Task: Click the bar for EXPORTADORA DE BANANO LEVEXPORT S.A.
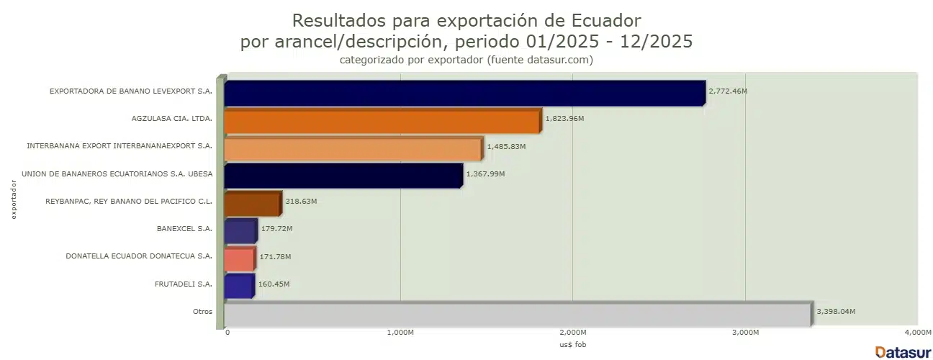pyautogui.click(x=464, y=93)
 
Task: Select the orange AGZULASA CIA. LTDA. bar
pyautogui.click(x=382, y=120)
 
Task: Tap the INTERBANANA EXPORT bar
pyautogui.click(x=353, y=148)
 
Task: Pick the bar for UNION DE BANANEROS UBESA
pyautogui.click(x=343, y=176)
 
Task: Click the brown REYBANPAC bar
pyautogui.click(x=252, y=203)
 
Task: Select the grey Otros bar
pyautogui.click(x=517, y=313)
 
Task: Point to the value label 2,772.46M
pyautogui.click(x=728, y=91)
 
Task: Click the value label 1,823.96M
pyautogui.click(x=564, y=119)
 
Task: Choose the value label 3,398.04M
pyautogui.click(x=836, y=312)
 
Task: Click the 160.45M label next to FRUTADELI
pyautogui.click(x=274, y=284)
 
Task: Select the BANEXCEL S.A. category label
pyautogui.click(x=184, y=229)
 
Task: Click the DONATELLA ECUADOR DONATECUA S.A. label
pyautogui.click(x=139, y=256)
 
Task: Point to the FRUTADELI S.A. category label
pyautogui.click(x=184, y=284)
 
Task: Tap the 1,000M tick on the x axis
pyautogui.click(x=400, y=333)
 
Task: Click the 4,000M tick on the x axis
pyautogui.click(x=917, y=333)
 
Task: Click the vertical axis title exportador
pyautogui.click(x=14, y=200)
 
